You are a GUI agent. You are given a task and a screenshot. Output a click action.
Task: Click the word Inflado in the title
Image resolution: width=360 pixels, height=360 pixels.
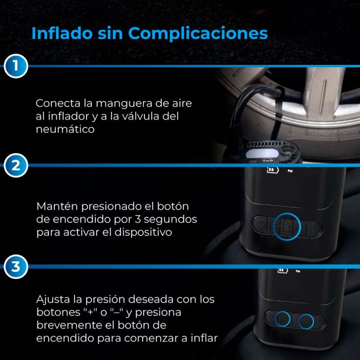pos(62,33)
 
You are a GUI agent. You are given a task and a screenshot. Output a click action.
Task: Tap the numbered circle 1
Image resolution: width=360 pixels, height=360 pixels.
pos(16,66)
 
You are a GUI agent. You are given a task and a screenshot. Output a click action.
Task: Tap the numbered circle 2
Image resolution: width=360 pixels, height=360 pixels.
pos(16,165)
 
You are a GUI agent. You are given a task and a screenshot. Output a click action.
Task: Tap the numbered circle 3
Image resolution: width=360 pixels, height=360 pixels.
pos(16,266)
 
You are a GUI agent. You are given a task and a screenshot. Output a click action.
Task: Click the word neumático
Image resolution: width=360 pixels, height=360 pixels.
pos(65,129)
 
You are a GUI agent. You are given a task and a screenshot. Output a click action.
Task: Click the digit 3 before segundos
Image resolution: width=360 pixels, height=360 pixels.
pos(138,219)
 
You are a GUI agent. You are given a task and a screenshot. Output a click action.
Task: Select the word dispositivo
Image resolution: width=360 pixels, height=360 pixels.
pos(143,232)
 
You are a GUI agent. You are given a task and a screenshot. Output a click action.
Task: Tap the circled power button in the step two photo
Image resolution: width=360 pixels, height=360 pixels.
pos(287,227)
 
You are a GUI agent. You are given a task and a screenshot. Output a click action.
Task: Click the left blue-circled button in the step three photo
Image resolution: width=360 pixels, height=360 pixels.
pos(283,319)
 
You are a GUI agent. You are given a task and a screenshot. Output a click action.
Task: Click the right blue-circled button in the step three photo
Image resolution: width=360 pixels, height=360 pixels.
pos(306,321)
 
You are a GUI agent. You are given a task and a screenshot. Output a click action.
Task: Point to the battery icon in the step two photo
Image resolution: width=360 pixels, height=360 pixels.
pos(273,170)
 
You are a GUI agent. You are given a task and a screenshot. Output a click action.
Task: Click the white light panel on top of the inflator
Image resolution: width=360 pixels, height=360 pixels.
pos(262,153)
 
